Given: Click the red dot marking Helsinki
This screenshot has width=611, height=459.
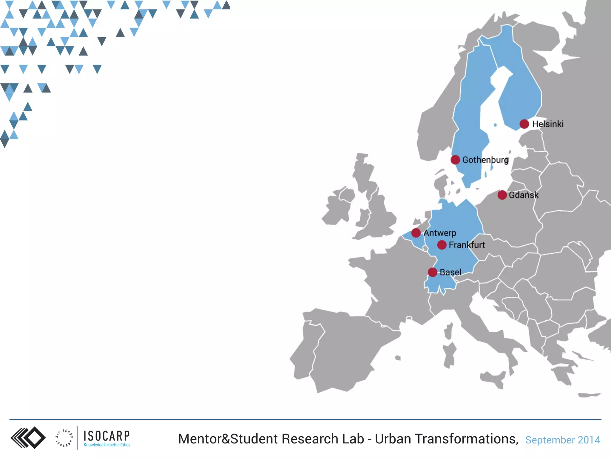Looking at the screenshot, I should click(x=524, y=124).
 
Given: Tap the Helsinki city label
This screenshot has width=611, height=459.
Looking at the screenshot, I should click(x=548, y=124).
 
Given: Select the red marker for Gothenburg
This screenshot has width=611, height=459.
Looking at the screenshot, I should click(x=455, y=160).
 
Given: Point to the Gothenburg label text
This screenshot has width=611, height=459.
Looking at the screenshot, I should click(x=485, y=160).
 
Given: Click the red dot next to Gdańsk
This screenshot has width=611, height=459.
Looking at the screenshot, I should click(x=502, y=195).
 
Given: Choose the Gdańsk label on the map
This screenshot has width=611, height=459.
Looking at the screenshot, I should click(x=524, y=195).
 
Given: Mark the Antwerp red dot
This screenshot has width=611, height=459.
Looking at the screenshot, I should click(x=416, y=233).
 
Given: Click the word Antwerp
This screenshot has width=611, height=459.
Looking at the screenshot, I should click(x=440, y=233).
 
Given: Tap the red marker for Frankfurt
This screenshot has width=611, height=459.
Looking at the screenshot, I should click(x=442, y=245).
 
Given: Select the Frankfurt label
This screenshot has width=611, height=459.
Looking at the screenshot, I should click(x=467, y=245).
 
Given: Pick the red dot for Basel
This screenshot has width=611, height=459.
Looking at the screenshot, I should click(x=433, y=272).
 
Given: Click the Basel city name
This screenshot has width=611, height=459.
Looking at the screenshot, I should click(x=450, y=272).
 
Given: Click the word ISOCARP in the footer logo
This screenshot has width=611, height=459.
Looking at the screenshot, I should click(x=107, y=436).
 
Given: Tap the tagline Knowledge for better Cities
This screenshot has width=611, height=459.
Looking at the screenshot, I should click(x=107, y=445).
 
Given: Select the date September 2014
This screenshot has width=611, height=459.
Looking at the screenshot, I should click(x=563, y=440).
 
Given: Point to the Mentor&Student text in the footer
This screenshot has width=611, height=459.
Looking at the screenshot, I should click(x=228, y=439).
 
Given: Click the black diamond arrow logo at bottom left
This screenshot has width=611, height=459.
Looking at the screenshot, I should click(x=28, y=438).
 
